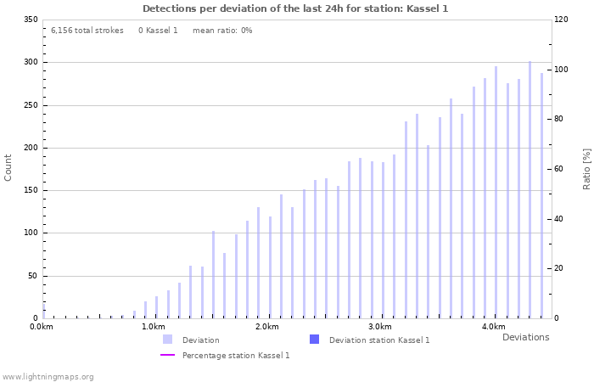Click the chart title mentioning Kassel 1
tap(295, 8)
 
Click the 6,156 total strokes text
tap(87, 31)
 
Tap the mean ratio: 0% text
tap(222, 31)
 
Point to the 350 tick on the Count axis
tap(30, 20)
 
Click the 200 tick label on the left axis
tap(30, 148)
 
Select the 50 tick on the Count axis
tap(32, 276)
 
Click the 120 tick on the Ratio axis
tap(563, 20)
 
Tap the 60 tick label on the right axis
tap(560, 169)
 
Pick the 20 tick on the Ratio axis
tap(560, 268)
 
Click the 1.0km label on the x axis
tap(154, 327)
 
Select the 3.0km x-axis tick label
tap(380, 327)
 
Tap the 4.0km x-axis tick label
tap(493, 327)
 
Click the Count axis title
tap(8, 167)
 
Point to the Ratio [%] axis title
tap(586, 168)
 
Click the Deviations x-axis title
tap(525, 337)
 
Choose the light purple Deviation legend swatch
tap(167, 340)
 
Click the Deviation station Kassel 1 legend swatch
tap(314, 340)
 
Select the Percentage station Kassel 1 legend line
tap(167, 355)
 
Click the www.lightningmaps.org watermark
tap(48, 376)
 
